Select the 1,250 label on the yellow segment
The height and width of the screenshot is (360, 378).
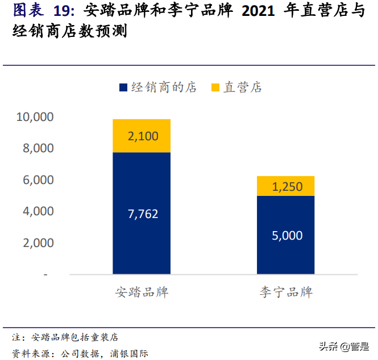pos(286,186)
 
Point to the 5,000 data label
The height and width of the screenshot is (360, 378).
pos(286,235)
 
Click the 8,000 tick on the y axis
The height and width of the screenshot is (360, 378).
pos(38,148)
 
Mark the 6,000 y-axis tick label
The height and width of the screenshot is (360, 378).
pos(38,180)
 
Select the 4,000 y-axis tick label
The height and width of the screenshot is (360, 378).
pos(38,211)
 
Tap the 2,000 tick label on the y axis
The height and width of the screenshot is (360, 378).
pos(38,242)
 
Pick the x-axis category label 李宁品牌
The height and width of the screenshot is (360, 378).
pos(286,293)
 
